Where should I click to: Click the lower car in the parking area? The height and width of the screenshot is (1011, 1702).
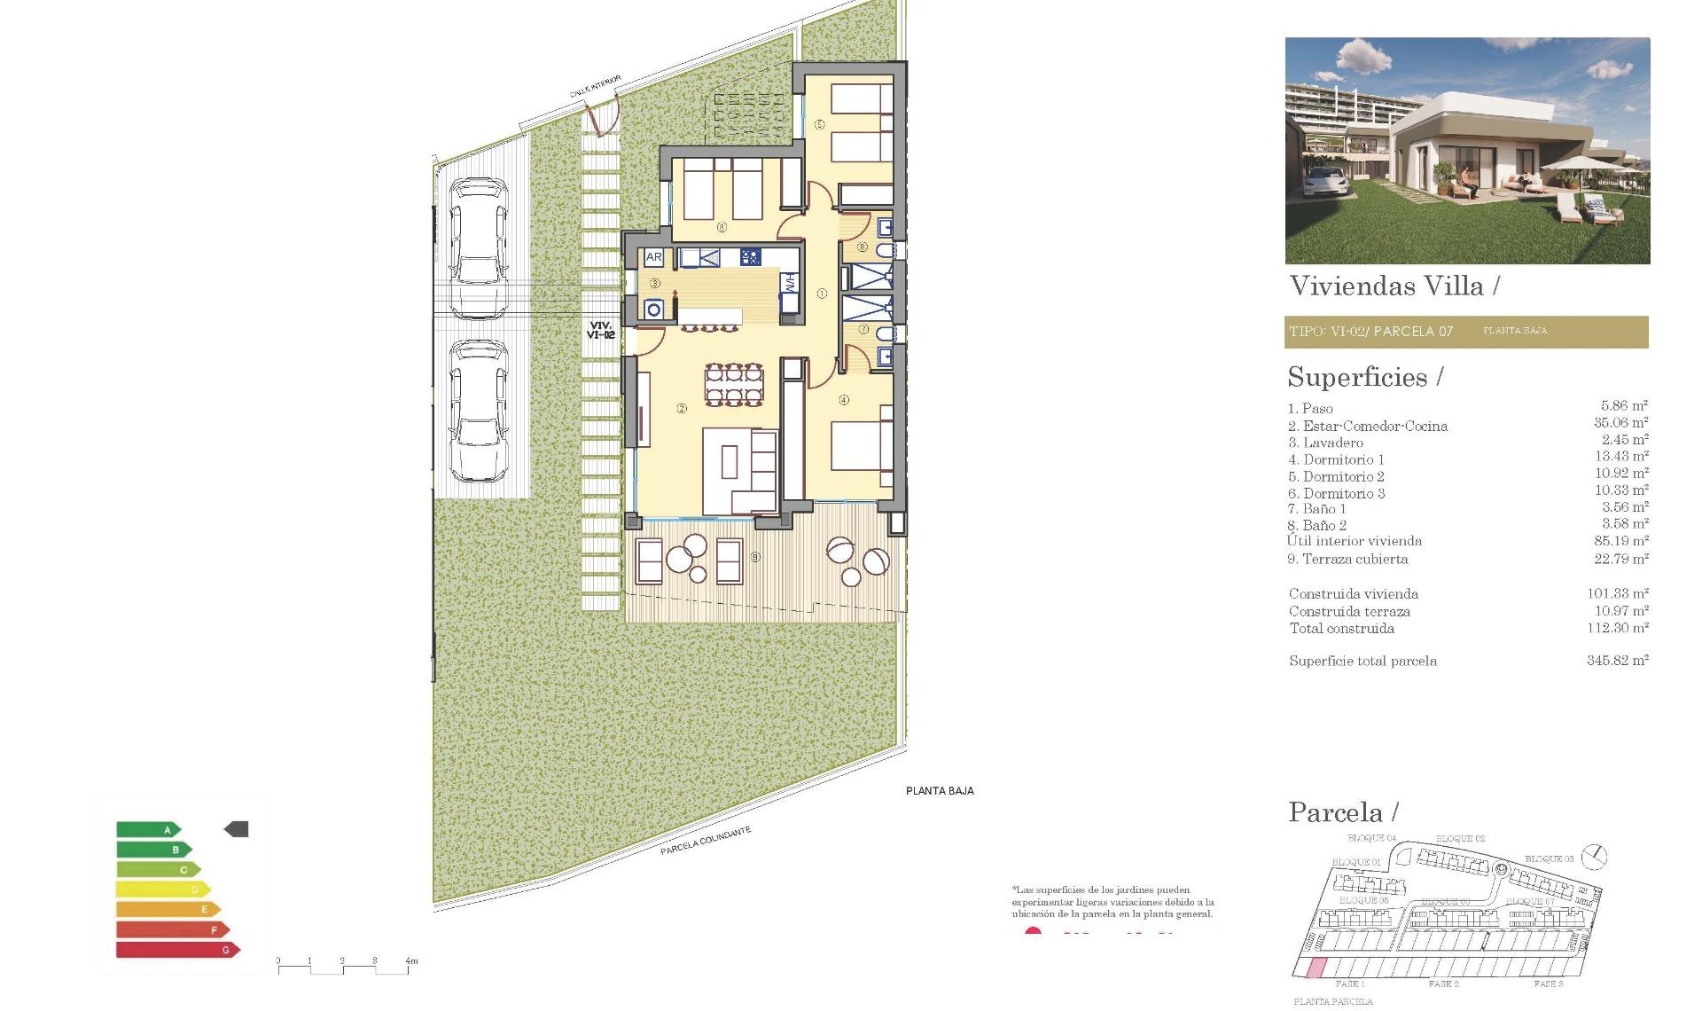[479, 410]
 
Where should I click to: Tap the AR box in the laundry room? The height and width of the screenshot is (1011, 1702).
[653, 257]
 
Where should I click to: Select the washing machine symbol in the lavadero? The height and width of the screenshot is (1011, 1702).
[654, 309]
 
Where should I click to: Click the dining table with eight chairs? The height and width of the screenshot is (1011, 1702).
[733, 384]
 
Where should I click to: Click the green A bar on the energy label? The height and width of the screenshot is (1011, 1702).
[148, 830]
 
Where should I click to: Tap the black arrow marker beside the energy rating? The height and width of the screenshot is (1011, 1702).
[237, 829]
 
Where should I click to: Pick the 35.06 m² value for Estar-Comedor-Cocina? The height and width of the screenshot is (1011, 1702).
[1620, 424]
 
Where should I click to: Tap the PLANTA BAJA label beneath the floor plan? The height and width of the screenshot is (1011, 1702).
[940, 791]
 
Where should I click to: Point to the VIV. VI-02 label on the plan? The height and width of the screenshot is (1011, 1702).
[601, 331]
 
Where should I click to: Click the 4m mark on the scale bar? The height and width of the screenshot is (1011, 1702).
[410, 961]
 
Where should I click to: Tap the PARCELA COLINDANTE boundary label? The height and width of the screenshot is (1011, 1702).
[706, 841]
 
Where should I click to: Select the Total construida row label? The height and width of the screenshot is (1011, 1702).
[1342, 629]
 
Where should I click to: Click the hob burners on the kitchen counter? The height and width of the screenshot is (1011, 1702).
[750, 258]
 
